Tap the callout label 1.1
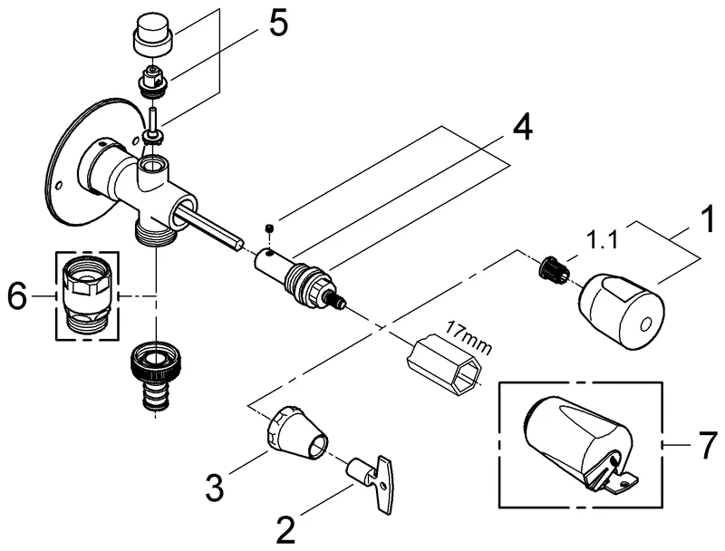click(x=604, y=242)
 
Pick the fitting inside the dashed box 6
click(x=87, y=295)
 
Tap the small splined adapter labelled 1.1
click(x=552, y=268)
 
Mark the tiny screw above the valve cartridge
click(x=268, y=227)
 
